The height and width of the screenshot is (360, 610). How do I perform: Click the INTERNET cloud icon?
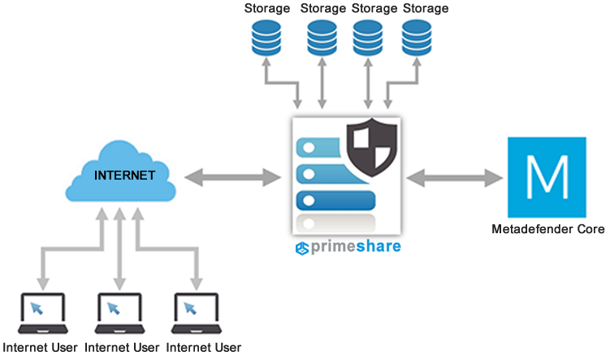point(123,172)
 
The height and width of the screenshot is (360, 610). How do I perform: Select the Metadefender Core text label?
point(547,229)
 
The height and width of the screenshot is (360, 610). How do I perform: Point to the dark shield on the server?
point(374,147)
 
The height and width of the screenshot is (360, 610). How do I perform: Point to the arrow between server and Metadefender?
point(454,176)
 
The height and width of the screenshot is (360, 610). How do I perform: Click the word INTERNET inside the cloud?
point(124,175)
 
